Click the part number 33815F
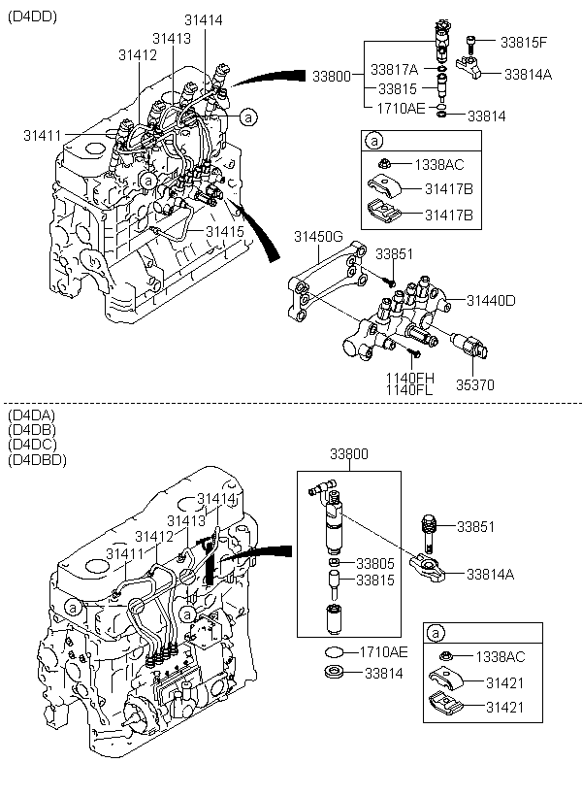click(x=524, y=42)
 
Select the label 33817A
click(x=395, y=70)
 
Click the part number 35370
click(x=475, y=384)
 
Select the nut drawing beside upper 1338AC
click(x=385, y=164)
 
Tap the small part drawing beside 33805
click(x=335, y=563)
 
